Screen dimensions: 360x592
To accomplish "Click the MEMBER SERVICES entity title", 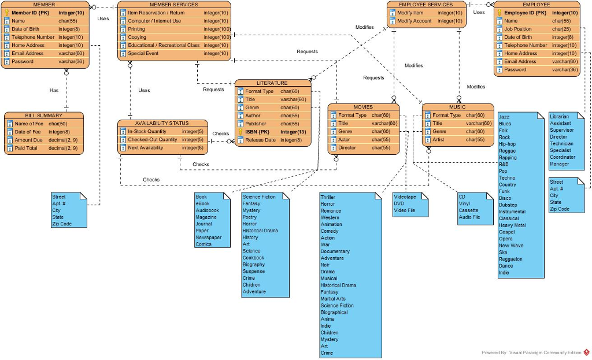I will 173,5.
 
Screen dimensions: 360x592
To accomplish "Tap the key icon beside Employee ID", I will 499,13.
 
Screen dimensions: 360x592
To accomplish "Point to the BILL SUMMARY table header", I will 43,116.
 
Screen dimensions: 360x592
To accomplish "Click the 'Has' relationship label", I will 54,90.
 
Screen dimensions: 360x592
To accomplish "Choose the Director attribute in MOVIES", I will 347,147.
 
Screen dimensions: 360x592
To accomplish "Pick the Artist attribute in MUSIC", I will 439,139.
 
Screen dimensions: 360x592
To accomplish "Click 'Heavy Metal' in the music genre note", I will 512,225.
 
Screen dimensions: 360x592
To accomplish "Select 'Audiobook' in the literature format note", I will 208,210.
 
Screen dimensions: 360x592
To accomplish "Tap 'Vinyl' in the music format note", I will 464,203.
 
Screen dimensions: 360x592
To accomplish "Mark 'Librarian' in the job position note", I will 560,117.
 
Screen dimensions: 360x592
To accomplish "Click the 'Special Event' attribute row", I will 143,53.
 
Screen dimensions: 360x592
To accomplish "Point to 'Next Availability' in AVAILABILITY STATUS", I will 145,147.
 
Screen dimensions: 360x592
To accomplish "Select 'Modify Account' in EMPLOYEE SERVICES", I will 414,21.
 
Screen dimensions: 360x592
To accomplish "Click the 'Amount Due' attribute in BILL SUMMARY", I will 28,140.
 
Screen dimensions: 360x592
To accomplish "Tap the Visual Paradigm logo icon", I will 587,352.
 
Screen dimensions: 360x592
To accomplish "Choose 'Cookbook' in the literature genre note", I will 253,258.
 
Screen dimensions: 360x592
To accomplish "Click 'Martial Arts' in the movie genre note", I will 333,299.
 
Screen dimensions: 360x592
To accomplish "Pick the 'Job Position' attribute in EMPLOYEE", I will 517,29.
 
